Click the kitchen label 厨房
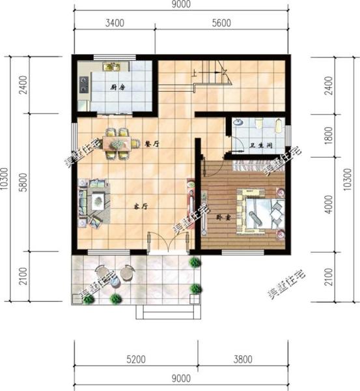(117, 87)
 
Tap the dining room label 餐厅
(152, 144)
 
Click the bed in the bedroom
(259, 210)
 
